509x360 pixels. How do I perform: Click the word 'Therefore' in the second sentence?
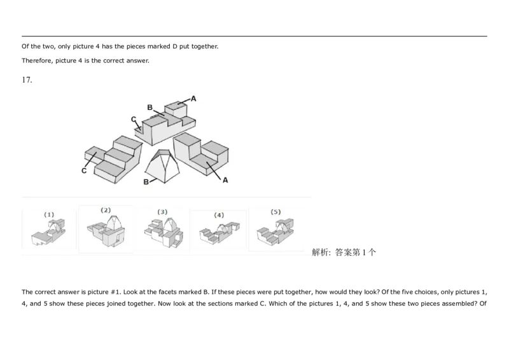pyautogui.click(x=34, y=61)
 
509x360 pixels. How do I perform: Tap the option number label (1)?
pyautogui.click(x=49, y=215)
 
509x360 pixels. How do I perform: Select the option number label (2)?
pyautogui.click(x=106, y=210)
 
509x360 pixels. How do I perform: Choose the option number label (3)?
pyautogui.click(x=162, y=212)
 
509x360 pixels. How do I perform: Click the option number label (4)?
pyautogui.click(x=219, y=215)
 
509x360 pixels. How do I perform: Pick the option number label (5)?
pyautogui.click(x=275, y=212)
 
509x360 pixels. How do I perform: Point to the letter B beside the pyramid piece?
pyautogui.click(x=146, y=182)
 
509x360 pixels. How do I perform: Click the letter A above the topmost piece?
pyautogui.click(x=193, y=99)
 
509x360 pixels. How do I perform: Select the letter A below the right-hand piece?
pyautogui.click(x=225, y=180)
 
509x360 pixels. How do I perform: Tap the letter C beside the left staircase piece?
pyautogui.click(x=84, y=170)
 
